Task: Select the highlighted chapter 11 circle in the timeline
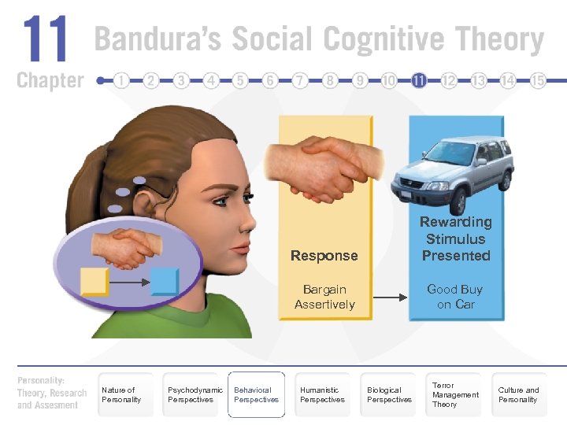click(x=418, y=80)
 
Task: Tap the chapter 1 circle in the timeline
click(x=121, y=80)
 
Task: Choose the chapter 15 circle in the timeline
click(x=538, y=80)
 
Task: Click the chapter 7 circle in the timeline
click(x=300, y=80)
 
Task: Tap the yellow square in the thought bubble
click(x=94, y=281)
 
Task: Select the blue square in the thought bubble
click(x=165, y=281)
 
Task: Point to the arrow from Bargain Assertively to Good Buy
click(x=390, y=297)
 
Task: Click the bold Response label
click(x=324, y=256)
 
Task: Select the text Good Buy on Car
click(x=455, y=297)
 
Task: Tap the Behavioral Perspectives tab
click(x=256, y=394)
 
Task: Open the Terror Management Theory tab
click(x=454, y=394)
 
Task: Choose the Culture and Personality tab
click(x=519, y=394)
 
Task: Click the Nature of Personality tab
click(x=123, y=394)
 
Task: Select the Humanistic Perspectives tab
click(x=322, y=394)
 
